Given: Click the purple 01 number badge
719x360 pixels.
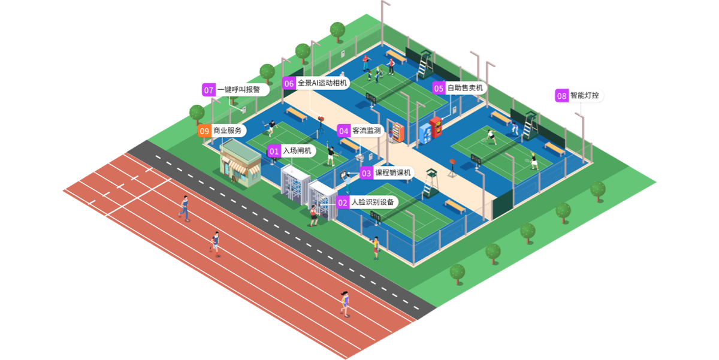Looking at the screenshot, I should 274,152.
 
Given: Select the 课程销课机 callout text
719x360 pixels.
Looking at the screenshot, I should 393,173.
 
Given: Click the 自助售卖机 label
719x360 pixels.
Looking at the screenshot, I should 465,88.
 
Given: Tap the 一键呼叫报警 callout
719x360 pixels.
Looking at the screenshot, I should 238,90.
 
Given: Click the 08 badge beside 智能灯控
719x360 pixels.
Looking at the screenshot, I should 561,96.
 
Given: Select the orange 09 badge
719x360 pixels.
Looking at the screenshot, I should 204,131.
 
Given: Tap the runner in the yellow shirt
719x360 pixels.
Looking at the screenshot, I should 345,302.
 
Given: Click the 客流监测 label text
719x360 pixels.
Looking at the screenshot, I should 367,131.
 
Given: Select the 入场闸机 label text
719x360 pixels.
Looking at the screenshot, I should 297,152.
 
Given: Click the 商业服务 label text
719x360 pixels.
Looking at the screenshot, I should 228,131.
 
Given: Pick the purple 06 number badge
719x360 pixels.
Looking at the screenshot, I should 289,83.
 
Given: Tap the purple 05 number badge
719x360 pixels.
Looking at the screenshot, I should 439,88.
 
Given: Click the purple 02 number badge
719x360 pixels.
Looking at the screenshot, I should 343,202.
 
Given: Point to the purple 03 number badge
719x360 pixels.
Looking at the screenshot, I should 367,173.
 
